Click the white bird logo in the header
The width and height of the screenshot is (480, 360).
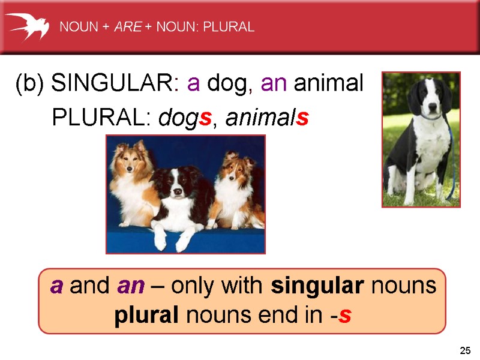click(28, 26)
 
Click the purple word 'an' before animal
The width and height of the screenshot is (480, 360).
click(274, 85)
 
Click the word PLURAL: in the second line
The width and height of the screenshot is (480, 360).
click(102, 118)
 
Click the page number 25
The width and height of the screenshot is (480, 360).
click(465, 350)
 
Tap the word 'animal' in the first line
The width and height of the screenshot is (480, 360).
click(328, 85)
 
